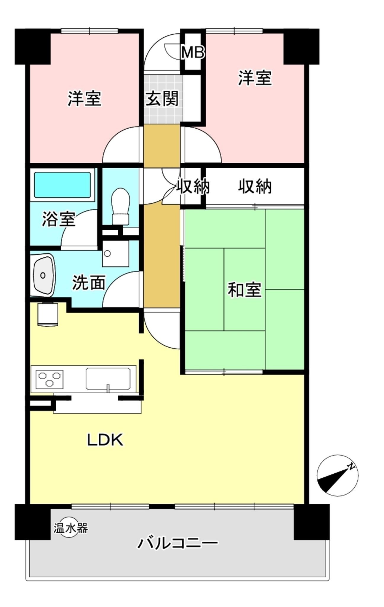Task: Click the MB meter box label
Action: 193,52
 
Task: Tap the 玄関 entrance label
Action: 162,99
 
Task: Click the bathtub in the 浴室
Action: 62,185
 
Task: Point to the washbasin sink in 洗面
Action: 44,275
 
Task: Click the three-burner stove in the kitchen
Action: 50,379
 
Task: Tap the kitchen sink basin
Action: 108,378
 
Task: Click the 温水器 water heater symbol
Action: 71,528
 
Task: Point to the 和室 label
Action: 244,290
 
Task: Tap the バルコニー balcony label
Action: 177,543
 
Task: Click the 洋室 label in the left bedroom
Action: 85,99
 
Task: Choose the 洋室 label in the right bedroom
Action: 255,78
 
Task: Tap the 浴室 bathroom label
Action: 58,219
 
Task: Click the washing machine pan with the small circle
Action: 116,253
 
